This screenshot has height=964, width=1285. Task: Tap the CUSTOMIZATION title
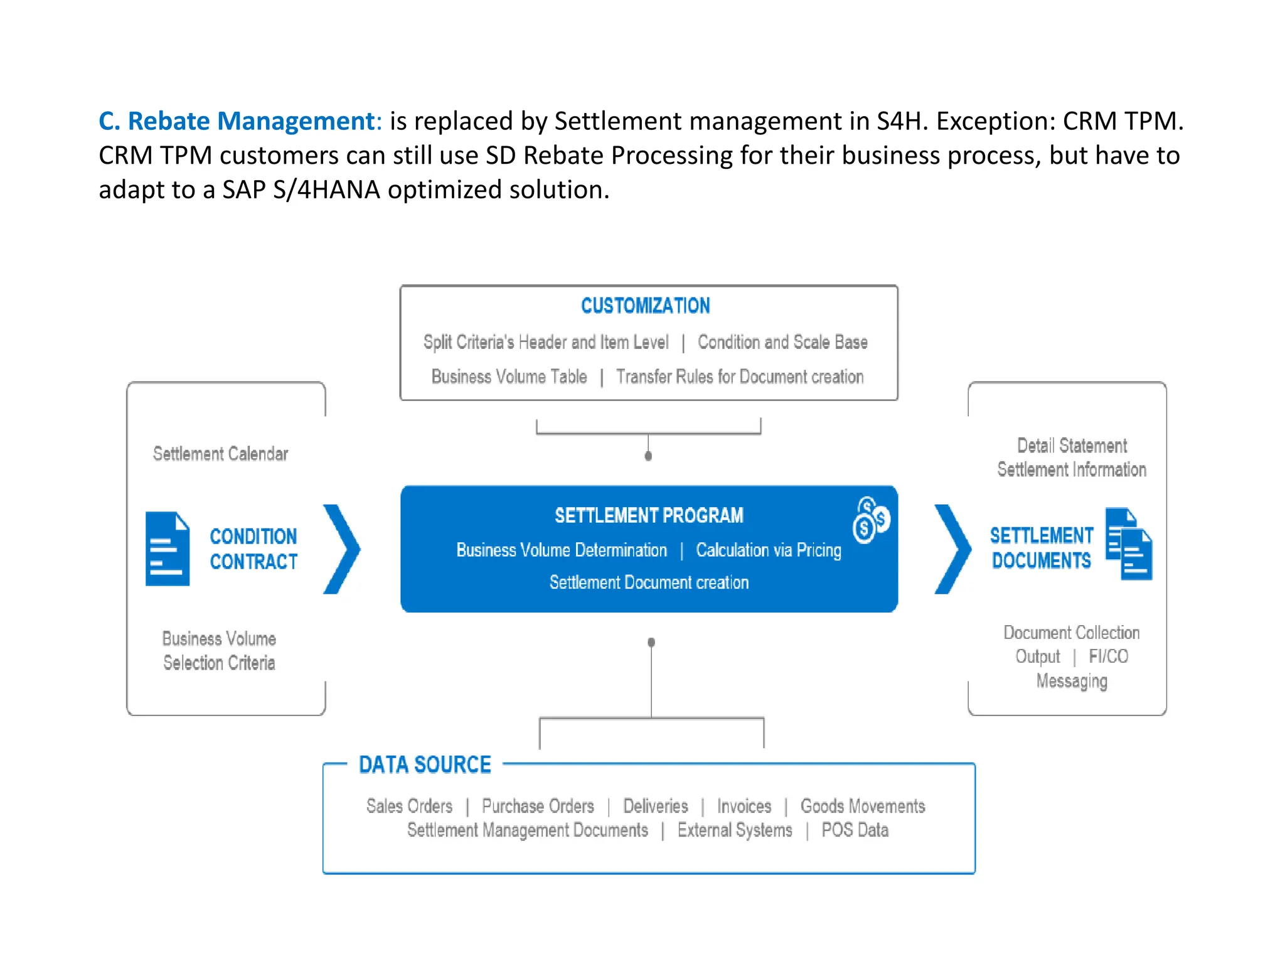(645, 306)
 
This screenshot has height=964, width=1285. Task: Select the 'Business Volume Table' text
(509, 377)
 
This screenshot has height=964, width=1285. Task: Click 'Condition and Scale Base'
(782, 342)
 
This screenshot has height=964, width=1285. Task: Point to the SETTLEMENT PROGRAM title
(649, 515)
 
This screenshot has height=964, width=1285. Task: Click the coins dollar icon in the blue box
(870, 520)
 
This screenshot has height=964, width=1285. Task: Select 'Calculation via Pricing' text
(768, 550)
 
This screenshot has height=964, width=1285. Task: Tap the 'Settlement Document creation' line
(649, 582)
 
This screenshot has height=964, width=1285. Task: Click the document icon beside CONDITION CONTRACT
(167, 549)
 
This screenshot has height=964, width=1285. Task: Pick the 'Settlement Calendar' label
(220, 454)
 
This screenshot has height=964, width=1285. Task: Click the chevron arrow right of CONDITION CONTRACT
(342, 549)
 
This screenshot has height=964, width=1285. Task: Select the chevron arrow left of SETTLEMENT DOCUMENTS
(952, 549)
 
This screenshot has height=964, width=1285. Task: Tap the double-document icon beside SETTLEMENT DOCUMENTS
(1129, 544)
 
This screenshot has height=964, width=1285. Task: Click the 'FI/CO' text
(1108, 656)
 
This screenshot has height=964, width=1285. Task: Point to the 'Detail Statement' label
(1072, 446)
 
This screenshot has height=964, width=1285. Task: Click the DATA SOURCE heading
(425, 764)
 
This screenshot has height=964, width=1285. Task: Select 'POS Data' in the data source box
(855, 830)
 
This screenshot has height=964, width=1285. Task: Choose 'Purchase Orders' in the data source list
(538, 806)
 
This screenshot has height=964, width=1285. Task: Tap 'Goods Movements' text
(863, 806)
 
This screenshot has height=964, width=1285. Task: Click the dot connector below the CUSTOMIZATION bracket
(648, 456)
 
